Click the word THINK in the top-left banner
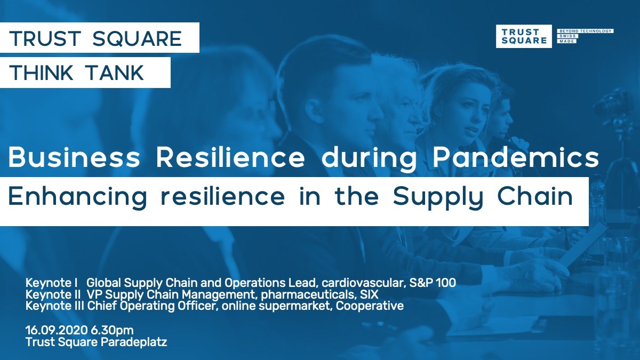click(41, 73)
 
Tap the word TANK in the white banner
click(115, 73)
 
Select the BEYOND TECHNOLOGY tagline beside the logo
click(585, 31)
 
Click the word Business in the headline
click(74, 157)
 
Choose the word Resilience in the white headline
click(230, 157)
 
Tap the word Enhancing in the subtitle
click(78, 198)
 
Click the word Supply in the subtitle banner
click(438, 198)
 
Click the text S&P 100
click(433, 283)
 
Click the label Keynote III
click(54, 306)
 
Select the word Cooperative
click(370, 306)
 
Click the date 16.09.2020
click(57, 330)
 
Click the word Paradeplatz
click(134, 342)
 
